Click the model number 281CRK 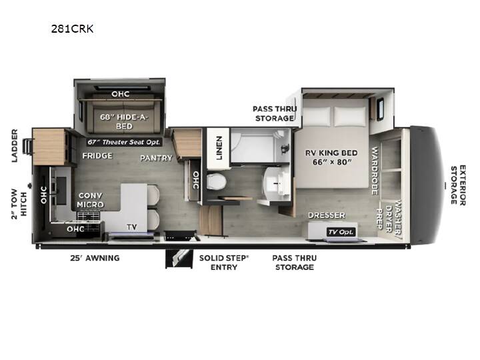pos(72,29)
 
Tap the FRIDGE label pos(97,156)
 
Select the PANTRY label pos(156,158)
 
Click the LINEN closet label pos(219,148)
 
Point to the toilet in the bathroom pos(216,182)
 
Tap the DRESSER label pos(326,215)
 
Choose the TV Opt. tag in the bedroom pos(341,232)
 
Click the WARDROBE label pos(375,171)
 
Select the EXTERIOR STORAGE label pos(458,185)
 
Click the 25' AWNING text pos(95,258)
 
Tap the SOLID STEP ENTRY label pos(224,263)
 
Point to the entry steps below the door pos(179,259)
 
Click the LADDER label pos(15,145)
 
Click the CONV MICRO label pos(90,200)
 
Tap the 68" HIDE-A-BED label pos(124,121)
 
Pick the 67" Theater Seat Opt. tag pos(124,142)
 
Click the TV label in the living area pos(132,227)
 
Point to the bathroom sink pos(277,184)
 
